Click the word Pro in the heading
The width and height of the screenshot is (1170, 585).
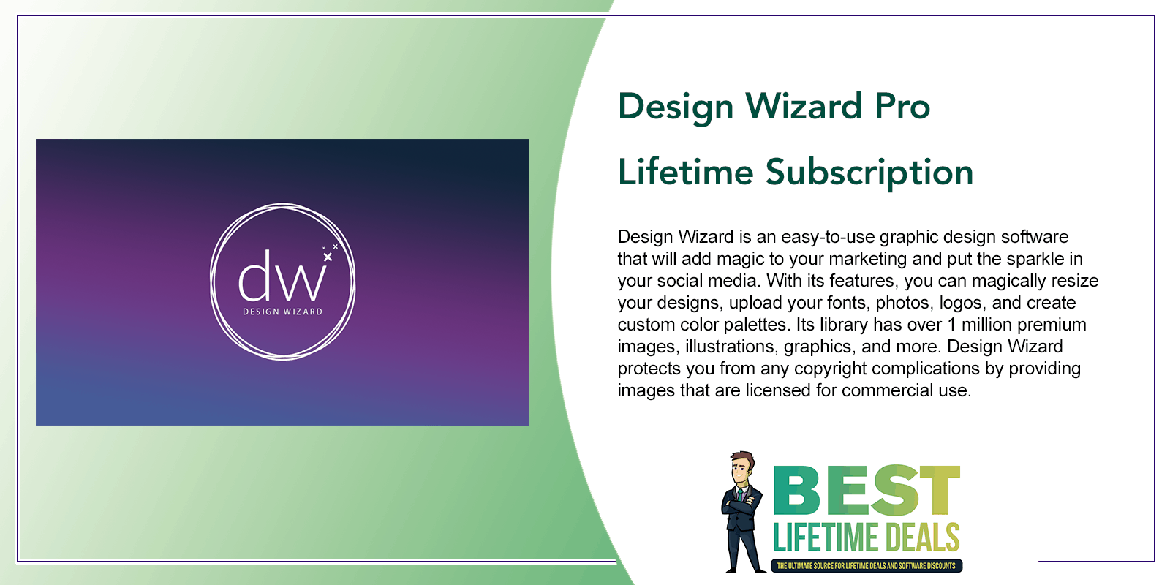(x=902, y=106)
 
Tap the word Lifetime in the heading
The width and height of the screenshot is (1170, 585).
(x=685, y=172)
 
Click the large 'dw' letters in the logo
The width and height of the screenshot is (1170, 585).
(x=282, y=276)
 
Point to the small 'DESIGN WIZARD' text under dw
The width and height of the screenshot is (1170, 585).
(x=282, y=312)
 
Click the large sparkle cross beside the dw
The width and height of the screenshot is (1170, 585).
(x=328, y=257)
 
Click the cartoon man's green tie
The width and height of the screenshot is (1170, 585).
(x=740, y=494)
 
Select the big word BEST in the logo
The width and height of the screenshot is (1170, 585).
(x=866, y=491)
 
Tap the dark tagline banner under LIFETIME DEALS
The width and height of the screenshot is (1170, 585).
(x=866, y=566)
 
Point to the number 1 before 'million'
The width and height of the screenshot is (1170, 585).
(x=951, y=325)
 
